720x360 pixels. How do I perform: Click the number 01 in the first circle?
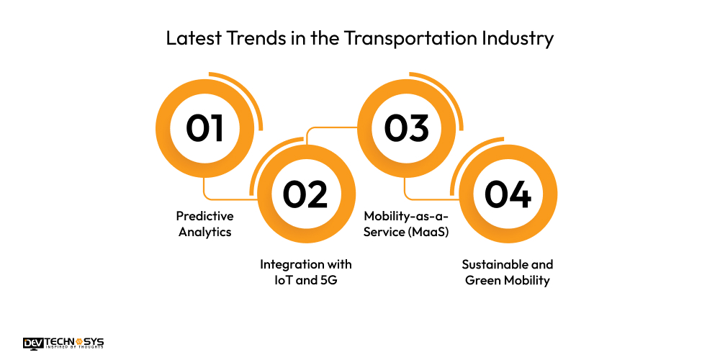[x=204, y=129]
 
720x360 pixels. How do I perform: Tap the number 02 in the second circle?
[x=305, y=195]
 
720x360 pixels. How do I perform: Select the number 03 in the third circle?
[x=406, y=129]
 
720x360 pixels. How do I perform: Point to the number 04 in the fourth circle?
[x=507, y=195]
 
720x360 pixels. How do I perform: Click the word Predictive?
[x=205, y=216]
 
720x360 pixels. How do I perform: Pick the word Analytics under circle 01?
[x=205, y=232]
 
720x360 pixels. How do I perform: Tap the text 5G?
[x=326, y=280]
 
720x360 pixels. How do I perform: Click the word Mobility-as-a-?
[x=406, y=216]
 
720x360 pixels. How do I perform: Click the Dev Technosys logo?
[x=63, y=343]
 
